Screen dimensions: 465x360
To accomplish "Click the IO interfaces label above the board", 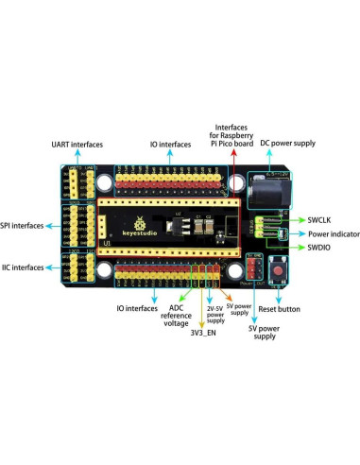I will (170, 145).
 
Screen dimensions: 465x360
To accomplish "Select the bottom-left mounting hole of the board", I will (103, 274).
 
